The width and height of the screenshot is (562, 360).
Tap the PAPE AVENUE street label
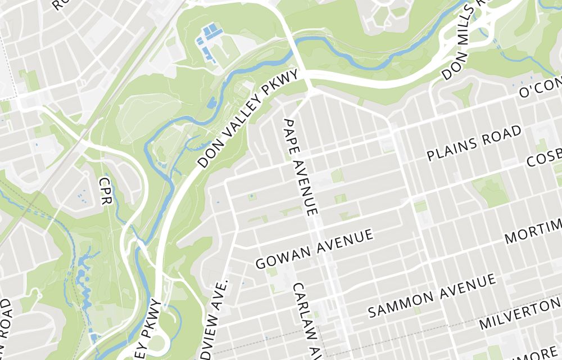pos(301,167)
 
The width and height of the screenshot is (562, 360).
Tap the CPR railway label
pos(105,191)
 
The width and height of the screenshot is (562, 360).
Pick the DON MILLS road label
pos(464,42)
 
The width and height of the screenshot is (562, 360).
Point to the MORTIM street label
pos(533,231)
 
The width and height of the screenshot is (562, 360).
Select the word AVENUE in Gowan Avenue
pos(345,241)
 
